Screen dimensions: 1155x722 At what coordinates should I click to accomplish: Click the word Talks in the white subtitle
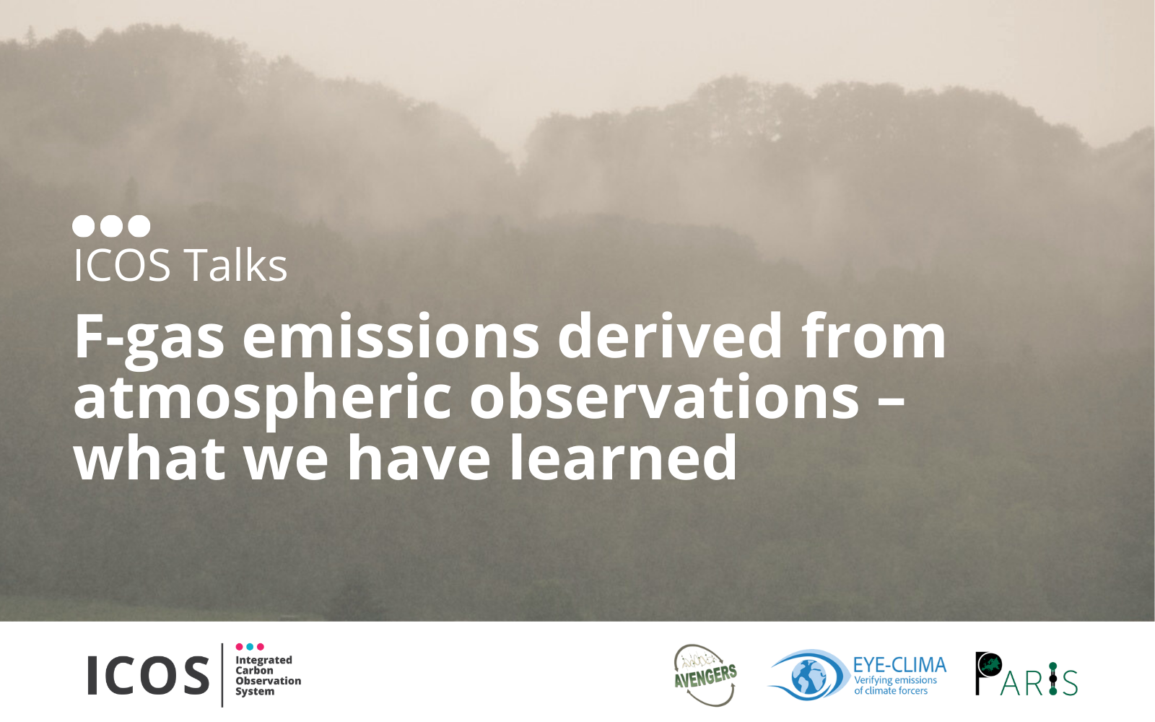[235, 265]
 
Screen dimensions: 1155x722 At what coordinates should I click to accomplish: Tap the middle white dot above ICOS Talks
[111, 226]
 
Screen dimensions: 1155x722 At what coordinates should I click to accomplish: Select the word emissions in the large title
[391, 336]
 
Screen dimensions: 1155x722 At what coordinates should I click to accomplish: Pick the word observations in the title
[664, 396]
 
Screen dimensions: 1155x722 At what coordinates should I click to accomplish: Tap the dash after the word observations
[891, 401]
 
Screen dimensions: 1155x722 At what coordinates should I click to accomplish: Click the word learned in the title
[623, 457]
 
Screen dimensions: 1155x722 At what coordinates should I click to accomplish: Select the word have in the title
[419, 457]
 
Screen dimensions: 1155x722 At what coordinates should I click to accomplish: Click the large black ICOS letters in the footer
[149, 675]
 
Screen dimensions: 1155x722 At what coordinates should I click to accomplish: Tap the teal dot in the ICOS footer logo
[250, 647]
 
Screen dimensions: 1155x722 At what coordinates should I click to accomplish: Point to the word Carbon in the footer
[254, 671]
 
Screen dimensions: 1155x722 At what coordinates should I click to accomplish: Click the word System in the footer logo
[256, 692]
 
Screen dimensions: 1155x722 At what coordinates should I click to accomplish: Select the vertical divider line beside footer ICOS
[222, 675]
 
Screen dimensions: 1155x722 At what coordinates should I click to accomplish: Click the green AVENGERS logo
[705, 675]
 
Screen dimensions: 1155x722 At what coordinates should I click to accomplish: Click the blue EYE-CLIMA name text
[899, 665]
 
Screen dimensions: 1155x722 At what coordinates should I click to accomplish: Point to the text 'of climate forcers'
[891, 690]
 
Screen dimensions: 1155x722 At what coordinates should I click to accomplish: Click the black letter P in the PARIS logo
[987, 673]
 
